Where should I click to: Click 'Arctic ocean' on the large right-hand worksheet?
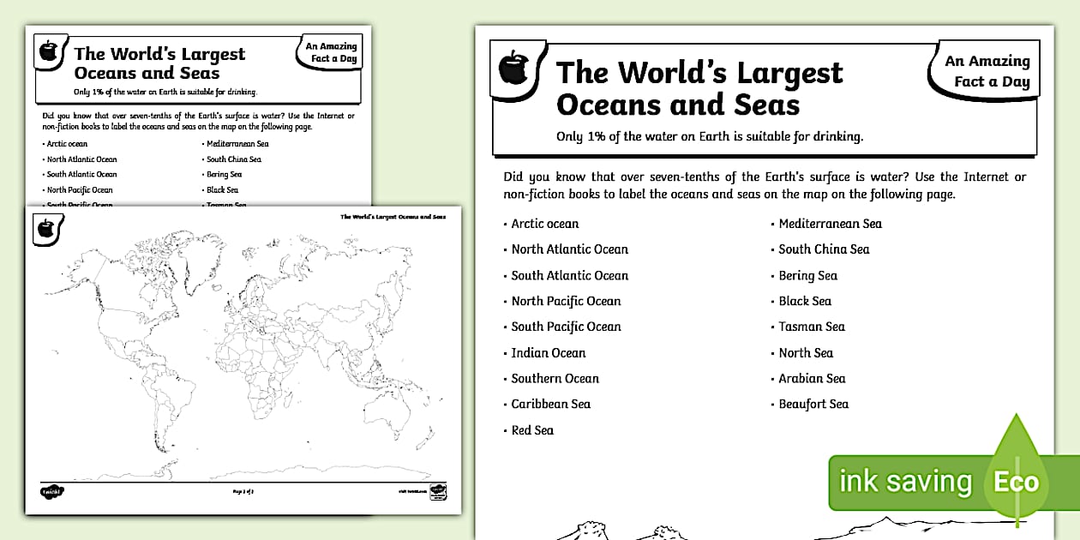(x=544, y=224)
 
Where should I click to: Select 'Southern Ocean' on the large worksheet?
(x=555, y=378)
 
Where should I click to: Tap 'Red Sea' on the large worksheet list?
(x=532, y=430)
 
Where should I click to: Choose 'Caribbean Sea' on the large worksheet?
(x=550, y=404)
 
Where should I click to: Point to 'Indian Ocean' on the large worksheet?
(x=549, y=352)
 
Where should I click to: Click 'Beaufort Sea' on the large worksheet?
(x=813, y=404)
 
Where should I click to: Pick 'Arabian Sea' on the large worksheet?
(x=812, y=378)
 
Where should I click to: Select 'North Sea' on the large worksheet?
(x=806, y=352)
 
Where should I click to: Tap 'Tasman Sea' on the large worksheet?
(x=812, y=327)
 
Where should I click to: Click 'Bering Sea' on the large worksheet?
(x=807, y=275)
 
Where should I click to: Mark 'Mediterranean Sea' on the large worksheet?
(x=830, y=224)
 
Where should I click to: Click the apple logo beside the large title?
(x=513, y=68)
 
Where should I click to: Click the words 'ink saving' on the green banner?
(x=905, y=481)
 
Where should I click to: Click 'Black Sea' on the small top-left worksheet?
(x=222, y=189)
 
